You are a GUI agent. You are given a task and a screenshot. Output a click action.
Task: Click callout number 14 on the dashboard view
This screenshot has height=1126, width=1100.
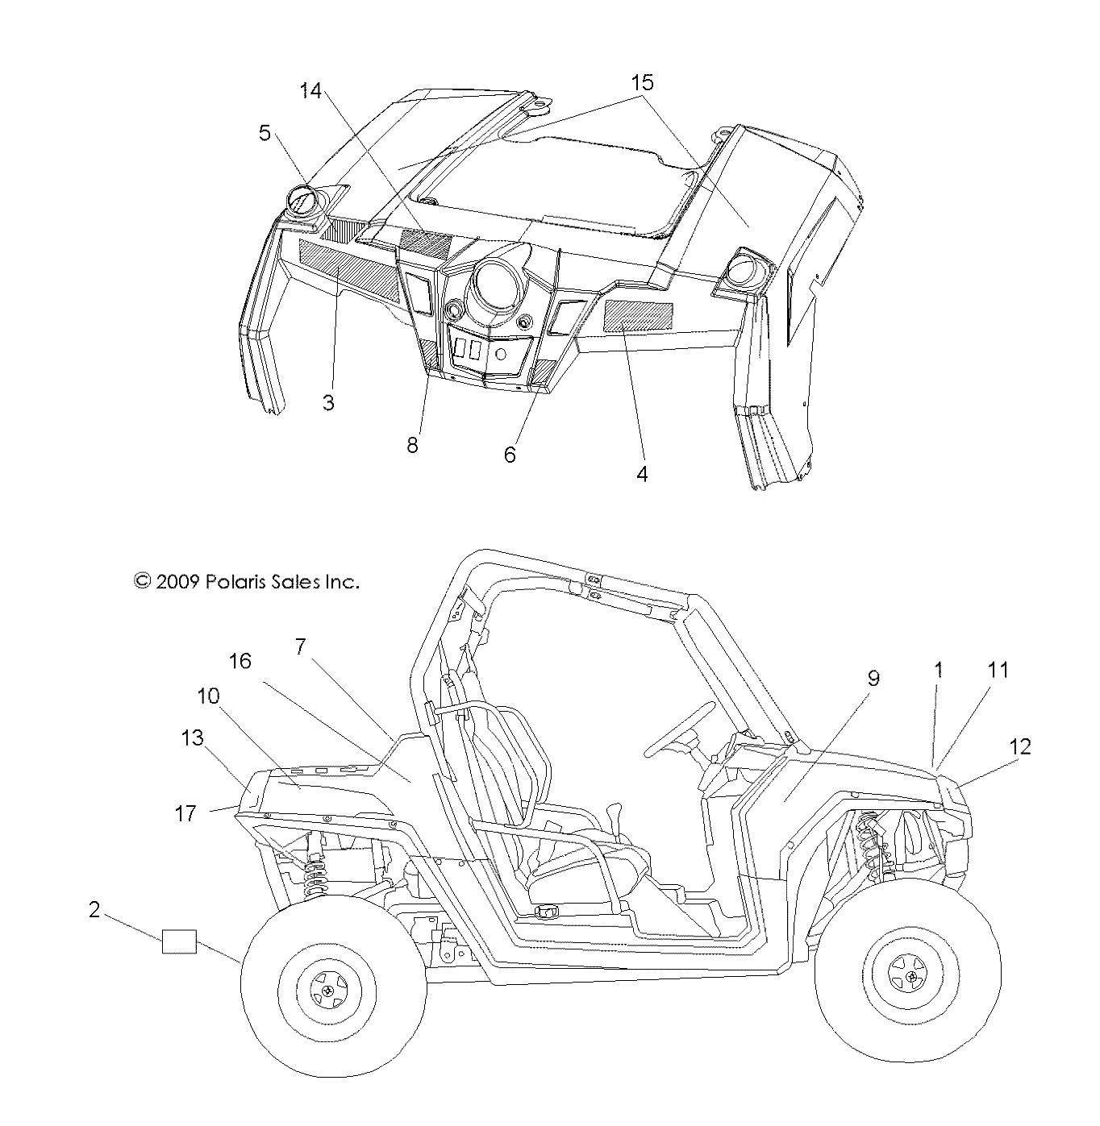(310, 91)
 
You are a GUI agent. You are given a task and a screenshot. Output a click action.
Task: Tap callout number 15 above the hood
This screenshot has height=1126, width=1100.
(642, 82)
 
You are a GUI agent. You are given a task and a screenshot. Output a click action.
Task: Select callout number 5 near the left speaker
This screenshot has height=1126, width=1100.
(265, 133)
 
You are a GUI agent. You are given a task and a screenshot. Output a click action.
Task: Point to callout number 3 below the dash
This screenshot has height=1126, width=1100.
(328, 402)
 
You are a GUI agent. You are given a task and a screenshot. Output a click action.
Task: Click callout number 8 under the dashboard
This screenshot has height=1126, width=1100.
(413, 444)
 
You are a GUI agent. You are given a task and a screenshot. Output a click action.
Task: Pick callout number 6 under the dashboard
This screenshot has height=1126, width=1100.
(510, 455)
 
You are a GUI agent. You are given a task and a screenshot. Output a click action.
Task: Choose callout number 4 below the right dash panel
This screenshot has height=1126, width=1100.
(642, 474)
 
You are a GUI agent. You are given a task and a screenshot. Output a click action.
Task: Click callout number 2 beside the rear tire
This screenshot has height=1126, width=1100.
(94, 910)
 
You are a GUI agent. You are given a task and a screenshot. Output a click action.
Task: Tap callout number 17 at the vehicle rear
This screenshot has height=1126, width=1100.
(185, 814)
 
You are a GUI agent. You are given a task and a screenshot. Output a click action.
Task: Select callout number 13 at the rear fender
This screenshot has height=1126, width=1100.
(193, 738)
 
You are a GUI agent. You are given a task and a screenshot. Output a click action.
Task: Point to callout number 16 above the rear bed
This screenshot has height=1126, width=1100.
(240, 662)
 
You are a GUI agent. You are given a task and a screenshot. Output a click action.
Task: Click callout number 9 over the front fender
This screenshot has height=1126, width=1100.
(873, 678)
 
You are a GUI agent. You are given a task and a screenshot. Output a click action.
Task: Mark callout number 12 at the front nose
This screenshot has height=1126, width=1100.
(1020, 746)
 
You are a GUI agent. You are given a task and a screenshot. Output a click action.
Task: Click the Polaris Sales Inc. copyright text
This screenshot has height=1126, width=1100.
(246, 581)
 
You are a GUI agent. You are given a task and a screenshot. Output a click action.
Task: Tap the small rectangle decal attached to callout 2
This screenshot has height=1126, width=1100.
(179, 941)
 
